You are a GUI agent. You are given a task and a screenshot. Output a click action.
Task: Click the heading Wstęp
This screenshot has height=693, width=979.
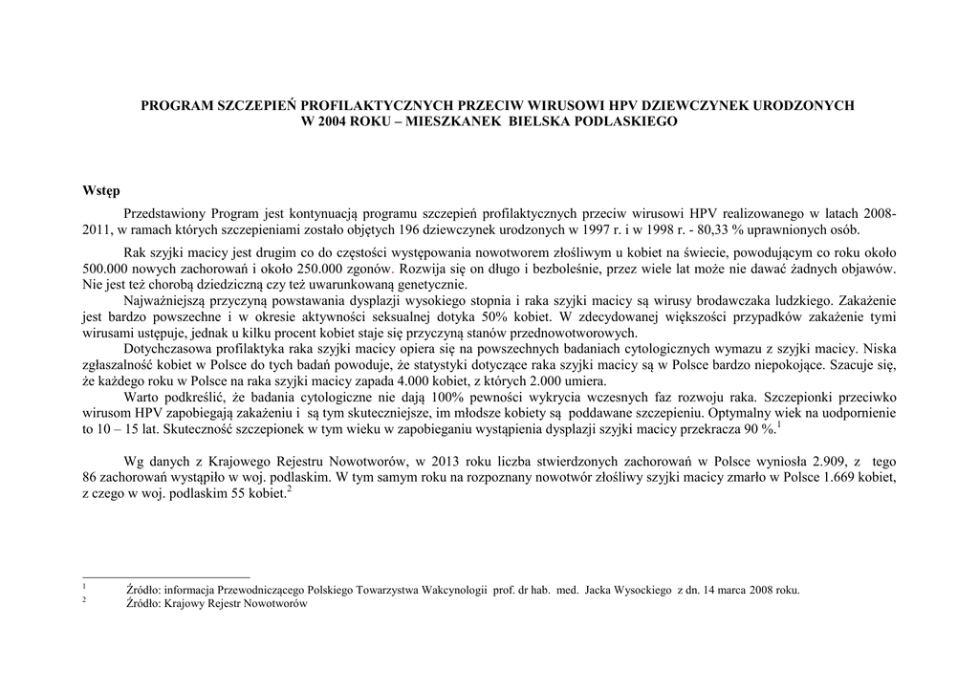[101, 191]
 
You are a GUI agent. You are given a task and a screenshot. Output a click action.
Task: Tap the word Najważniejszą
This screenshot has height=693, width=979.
[165, 301]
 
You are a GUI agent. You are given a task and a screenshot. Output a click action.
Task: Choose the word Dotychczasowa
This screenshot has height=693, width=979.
[169, 349]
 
